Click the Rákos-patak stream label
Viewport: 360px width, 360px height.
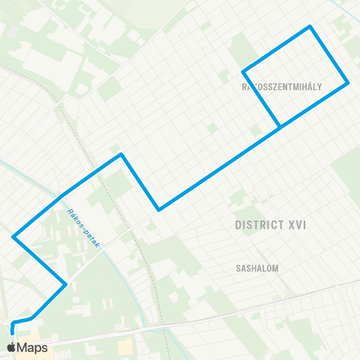[x=83, y=225]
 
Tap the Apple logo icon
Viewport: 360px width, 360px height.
[x=11, y=347]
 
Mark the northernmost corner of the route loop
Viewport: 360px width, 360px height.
[x=310, y=27]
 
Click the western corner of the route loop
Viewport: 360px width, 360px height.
[x=243, y=72]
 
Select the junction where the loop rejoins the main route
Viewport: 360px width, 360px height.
[x=280, y=127]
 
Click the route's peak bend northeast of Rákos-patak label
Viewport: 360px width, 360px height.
[x=121, y=154]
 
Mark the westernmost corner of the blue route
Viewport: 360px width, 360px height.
[x=13, y=237]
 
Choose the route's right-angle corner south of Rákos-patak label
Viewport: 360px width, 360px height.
[x=67, y=283]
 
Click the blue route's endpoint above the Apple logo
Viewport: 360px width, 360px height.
[x=12, y=328]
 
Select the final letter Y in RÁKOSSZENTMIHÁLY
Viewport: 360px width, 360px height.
[x=319, y=87]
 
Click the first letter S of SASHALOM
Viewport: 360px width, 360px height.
[x=235, y=266]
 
